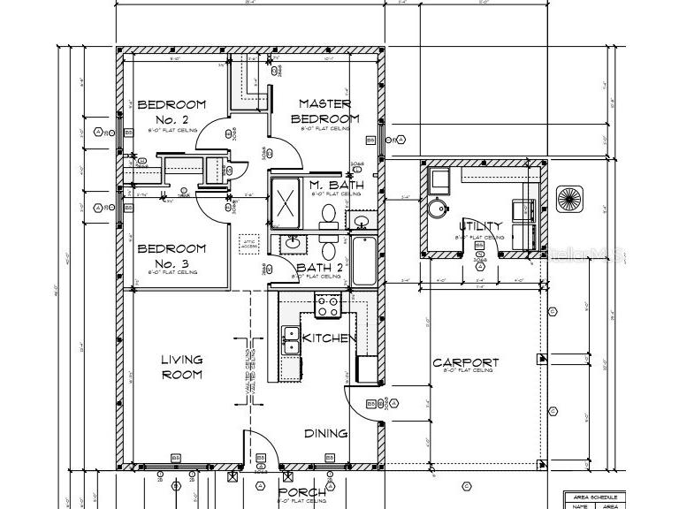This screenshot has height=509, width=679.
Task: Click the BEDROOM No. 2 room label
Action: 172,111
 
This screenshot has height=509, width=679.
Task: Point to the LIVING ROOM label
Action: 181,367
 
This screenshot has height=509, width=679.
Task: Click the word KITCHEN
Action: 330,338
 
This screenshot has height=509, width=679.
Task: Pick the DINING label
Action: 325,433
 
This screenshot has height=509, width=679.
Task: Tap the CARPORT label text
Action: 465,362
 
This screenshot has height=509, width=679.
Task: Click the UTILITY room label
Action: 481,226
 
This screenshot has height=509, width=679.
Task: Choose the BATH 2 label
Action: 319,267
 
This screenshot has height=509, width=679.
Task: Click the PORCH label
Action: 302,492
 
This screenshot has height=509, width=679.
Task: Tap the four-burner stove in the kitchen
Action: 328,306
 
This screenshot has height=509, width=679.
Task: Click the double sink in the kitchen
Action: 289,338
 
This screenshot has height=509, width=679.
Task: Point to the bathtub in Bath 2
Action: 363,261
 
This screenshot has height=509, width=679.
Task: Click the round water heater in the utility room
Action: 438,209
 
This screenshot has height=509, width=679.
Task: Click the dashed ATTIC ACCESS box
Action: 248,242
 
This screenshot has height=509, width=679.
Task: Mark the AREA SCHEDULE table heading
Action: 597,496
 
